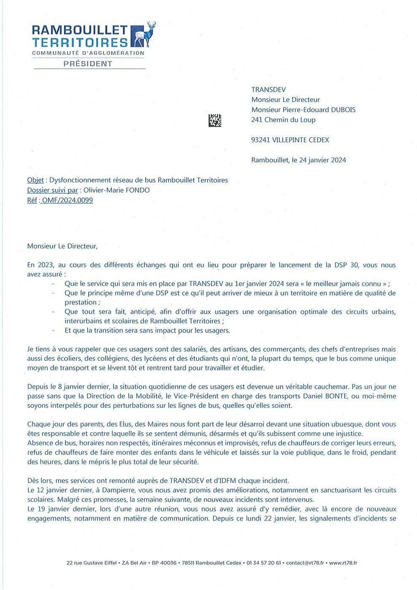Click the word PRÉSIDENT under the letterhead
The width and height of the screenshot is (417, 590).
tap(88, 64)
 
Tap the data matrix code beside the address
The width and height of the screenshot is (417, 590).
tap(215, 120)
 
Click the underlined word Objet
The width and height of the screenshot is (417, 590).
tap(35, 180)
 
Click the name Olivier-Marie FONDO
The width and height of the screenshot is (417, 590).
tap(116, 190)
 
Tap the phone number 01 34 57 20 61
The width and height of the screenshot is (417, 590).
tap(264, 563)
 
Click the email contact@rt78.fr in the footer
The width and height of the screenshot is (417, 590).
tap(303, 563)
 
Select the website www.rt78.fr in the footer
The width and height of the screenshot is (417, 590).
tap(343, 563)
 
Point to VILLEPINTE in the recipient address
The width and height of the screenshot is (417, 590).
tap(291, 140)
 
